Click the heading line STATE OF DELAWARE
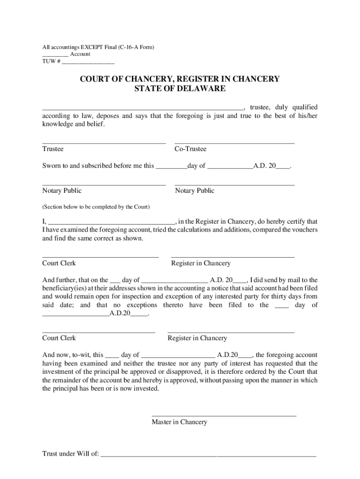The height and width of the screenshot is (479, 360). tap(180, 88)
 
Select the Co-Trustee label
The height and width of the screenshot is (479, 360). tap(190, 149)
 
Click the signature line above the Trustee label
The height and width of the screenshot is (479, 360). tap(104, 143)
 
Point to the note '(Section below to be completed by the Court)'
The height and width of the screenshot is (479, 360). tap(96, 207)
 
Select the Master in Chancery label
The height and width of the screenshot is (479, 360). tap(179, 422)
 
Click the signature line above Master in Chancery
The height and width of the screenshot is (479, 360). tap(224, 415)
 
